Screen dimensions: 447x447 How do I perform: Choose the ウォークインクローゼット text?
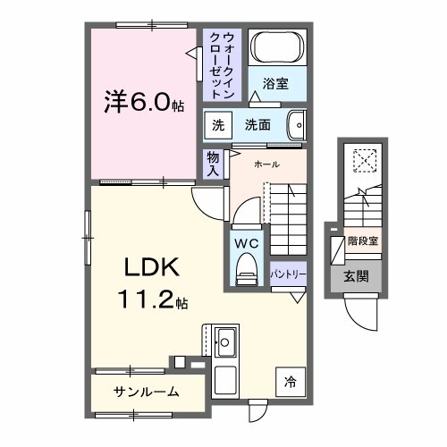click(223, 64)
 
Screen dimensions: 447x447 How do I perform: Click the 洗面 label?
click(258, 125)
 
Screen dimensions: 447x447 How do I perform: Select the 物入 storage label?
click(213, 163)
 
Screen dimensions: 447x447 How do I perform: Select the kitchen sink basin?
click(225, 342)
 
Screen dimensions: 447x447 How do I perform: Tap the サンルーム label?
click(147, 392)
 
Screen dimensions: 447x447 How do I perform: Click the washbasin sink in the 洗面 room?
click(299, 125)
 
